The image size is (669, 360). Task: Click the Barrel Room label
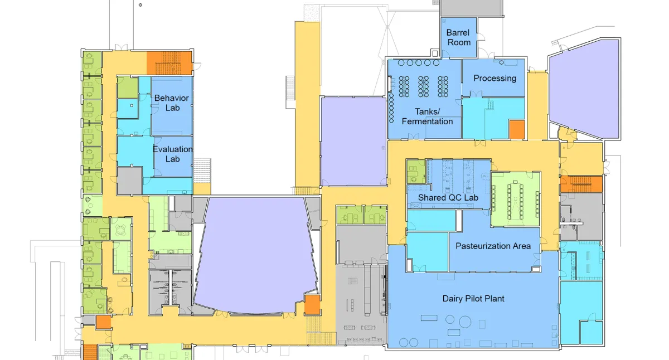[x=458, y=37]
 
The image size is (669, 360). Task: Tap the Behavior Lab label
[x=172, y=103]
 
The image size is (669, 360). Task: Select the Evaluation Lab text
[x=173, y=154]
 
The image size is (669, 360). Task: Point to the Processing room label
[x=495, y=78]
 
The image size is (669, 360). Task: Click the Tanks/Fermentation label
[x=427, y=116]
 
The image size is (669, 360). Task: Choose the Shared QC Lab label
[x=448, y=197]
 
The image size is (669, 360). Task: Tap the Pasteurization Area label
[x=493, y=246]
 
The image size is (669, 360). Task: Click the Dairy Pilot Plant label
[x=473, y=299]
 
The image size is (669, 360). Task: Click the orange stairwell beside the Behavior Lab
[x=169, y=63]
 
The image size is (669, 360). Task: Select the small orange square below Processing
[x=517, y=130]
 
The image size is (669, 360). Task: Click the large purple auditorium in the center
[x=255, y=255]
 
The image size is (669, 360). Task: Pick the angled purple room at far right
[x=584, y=89]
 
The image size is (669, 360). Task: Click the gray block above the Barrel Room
[x=472, y=8]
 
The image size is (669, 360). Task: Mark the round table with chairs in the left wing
[x=120, y=229]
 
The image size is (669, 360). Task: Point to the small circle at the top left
[x=140, y=5]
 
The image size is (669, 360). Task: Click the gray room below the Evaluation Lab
[x=129, y=181]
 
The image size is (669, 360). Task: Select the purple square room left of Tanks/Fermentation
[x=353, y=142]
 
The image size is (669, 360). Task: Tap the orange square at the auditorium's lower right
[x=312, y=305]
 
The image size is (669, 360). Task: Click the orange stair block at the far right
[x=581, y=184]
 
